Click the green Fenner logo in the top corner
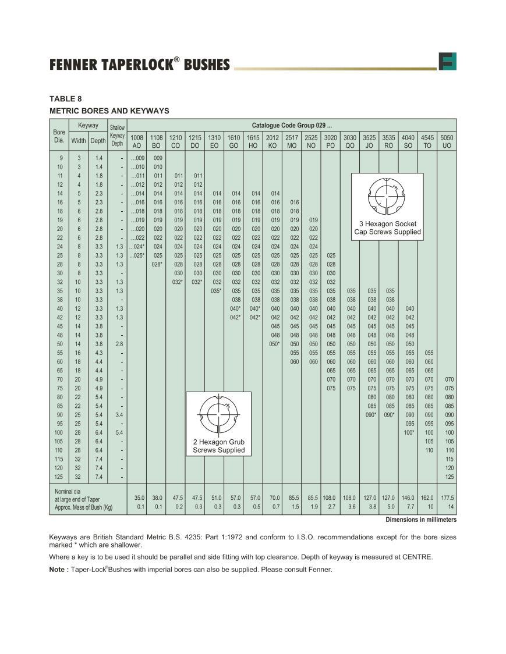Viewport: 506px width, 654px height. click(447, 62)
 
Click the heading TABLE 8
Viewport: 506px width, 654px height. click(65, 99)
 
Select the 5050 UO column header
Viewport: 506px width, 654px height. click(447, 141)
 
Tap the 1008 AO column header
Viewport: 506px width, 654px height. click(137, 141)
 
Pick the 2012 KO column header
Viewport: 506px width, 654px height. click(273, 141)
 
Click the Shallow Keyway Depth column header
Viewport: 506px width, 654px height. click(117, 136)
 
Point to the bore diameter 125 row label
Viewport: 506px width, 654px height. click(59, 477)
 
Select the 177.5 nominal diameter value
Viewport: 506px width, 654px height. click(447, 498)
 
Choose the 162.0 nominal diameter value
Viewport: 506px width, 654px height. click(427, 498)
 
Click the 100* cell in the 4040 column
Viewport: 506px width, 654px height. click(409, 433)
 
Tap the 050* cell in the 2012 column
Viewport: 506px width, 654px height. click(274, 344)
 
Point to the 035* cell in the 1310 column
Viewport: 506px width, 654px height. click(215, 290)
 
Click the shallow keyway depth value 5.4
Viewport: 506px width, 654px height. click(119, 433)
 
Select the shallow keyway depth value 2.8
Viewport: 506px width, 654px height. click(119, 344)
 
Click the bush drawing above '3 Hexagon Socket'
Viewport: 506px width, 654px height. click(386, 196)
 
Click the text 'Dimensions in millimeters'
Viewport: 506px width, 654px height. click(420, 520)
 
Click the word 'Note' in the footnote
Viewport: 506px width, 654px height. click(58, 570)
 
